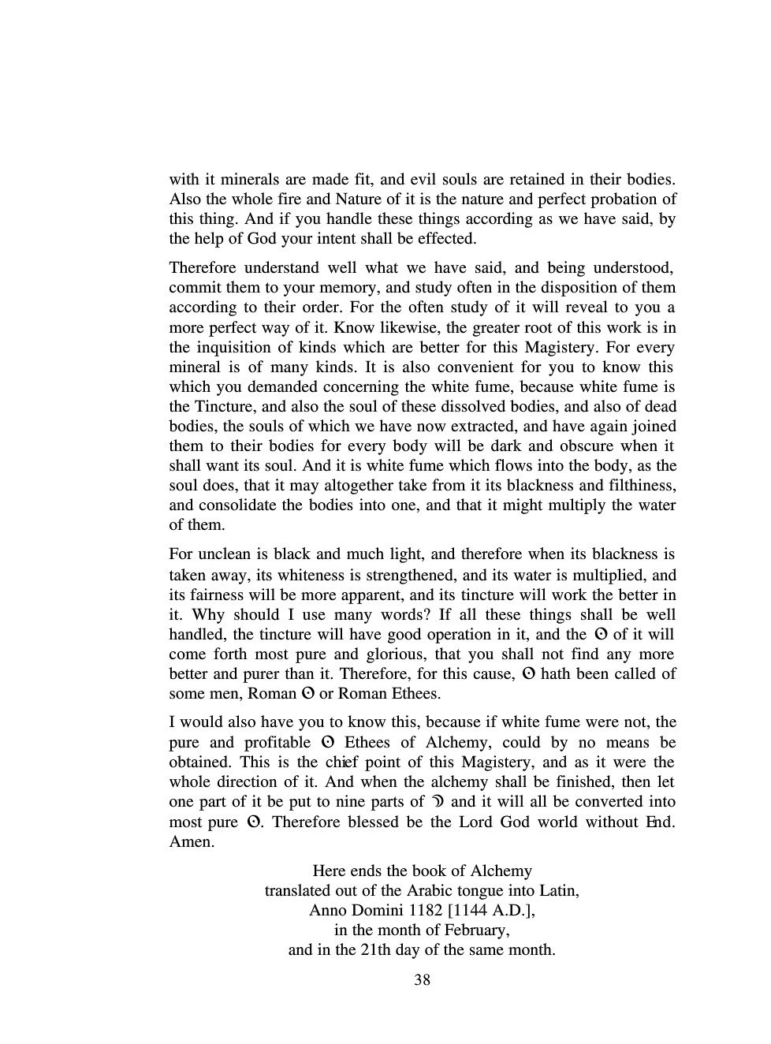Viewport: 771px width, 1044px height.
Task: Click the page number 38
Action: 422,980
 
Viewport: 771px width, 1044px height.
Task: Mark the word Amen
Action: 191,842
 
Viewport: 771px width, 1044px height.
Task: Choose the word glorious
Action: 394,654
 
